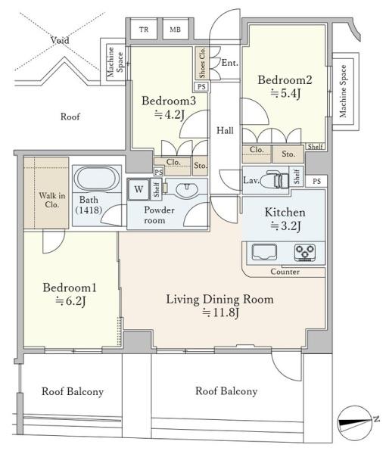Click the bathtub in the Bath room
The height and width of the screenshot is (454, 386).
coord(97,179)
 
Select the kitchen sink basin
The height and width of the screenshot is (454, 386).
coord(264,252)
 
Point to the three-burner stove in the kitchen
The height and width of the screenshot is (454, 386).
coord(305,252)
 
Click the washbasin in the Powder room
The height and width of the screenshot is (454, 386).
coord(187,190)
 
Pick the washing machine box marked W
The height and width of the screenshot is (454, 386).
coord(139,189)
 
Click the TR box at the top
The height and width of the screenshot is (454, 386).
coord(144,30)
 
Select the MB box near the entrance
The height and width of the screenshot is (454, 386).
coord(175,30)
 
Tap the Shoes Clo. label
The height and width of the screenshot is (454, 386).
coord(202,63)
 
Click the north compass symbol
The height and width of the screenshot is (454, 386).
coord(355,423)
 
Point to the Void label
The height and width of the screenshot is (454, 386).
coord(60,40)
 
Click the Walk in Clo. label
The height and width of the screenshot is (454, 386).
coord(52,200)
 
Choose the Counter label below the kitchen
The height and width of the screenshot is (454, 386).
coord(285,272)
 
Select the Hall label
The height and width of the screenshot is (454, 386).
coord(225,131)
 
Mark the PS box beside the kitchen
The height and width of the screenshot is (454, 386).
coord(317,182)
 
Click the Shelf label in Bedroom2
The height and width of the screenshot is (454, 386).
coord(315,146)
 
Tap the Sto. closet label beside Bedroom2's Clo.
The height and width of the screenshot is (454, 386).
coord(288,154)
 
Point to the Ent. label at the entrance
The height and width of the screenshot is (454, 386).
coord(230,63)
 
